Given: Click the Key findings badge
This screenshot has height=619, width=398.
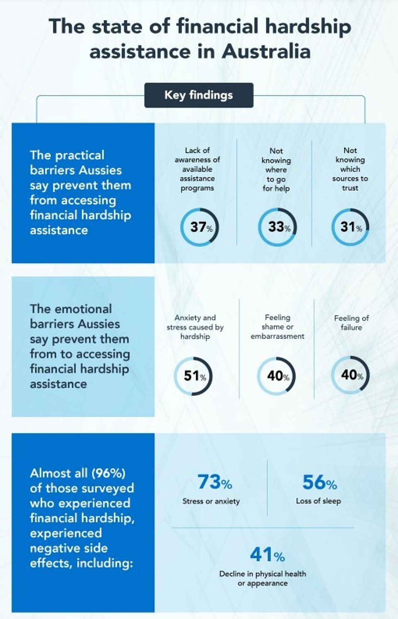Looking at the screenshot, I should tap(199, 95).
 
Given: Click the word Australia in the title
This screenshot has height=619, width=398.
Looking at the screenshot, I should tap(266, 52).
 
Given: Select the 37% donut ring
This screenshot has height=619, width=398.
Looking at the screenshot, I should tap(199, 227).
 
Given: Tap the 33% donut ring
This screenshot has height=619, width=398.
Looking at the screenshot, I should tap(277, 227).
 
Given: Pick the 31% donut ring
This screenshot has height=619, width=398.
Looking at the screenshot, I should tap(350, 227).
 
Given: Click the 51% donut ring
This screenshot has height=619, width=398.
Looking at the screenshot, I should tap(193, 376).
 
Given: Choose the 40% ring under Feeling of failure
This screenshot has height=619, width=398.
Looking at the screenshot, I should tap(350, 375).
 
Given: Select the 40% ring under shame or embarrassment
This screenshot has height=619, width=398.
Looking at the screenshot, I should tap(276, 376).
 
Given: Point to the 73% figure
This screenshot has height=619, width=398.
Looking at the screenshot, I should tap(214, 482).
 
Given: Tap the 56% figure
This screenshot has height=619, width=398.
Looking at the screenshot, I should tap(319, 482).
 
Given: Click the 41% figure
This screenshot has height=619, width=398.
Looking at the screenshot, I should tap(267, 555).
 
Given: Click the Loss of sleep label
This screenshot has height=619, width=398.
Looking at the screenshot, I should tap(318, 501).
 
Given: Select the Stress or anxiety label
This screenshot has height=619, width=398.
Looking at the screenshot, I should tap(211, 501).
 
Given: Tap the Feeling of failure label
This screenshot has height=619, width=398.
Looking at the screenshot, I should tap(351, 323).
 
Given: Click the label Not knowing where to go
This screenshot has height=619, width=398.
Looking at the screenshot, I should tap(276, 170).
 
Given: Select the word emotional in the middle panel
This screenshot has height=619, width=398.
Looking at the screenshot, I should tap(83, 309).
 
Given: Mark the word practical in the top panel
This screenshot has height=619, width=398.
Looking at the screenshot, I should tap(80, 155).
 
